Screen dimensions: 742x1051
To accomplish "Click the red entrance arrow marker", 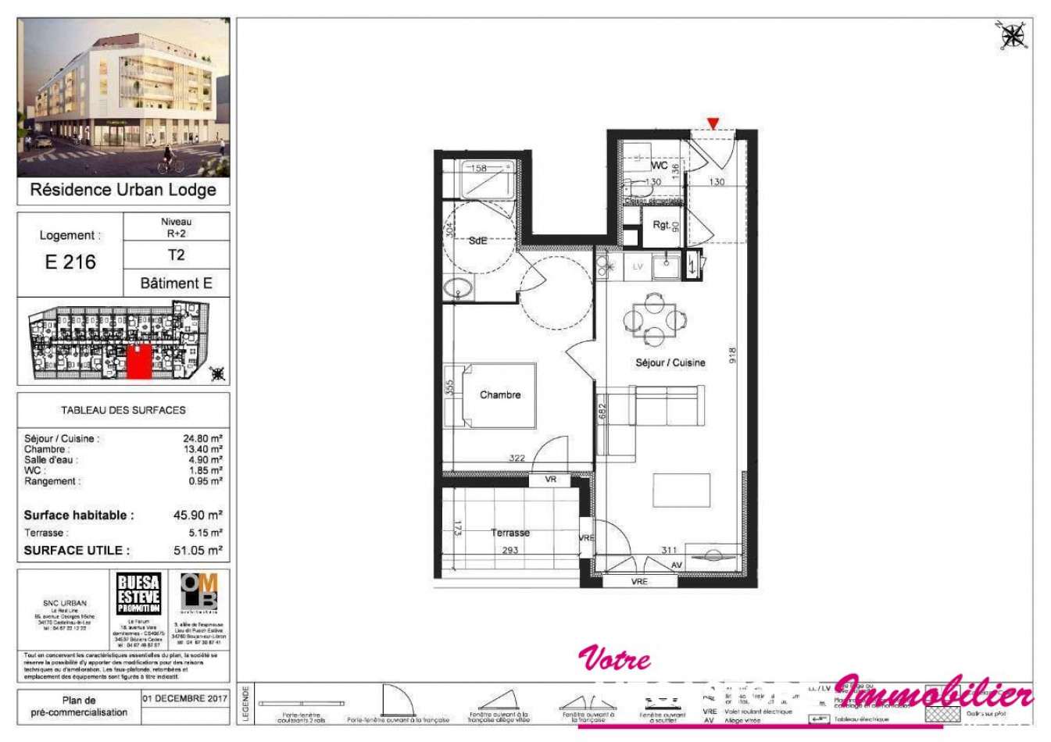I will pyautogui.click(x=713, y=123).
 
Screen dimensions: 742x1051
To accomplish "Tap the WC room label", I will pyautogui.click(x=659, y=166).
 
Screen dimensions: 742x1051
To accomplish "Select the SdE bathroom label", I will pyautogui.click(x=477, y=241).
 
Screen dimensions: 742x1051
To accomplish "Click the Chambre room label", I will pyautogui.click(x=500, y=395).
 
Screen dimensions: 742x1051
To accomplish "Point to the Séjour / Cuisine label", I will pyautogui.click(x=670, y=362).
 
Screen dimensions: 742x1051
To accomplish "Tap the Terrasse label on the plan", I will pyautogui.click(x=509, y=533).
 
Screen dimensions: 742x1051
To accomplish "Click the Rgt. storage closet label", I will pyautogui.click(x=661, y=225).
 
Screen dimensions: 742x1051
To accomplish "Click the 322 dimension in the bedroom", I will pyautogui.click(x=517, y=458).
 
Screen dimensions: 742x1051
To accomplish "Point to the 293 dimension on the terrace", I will pyautogui.click(x=509, y=551).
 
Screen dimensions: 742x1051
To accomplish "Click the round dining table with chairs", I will pyautogui.click(x=654, y=319).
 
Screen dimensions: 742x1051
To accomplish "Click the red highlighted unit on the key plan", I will pyautogui.click(x=138, y=362).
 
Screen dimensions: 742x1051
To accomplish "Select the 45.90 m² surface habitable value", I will pyautogui.click(x=198, y=515).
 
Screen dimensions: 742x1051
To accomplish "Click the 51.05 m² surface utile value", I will pyautogui.click(x=198, y=551).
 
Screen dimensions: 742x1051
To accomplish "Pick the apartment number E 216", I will pyautogui.click(x=70, y=262).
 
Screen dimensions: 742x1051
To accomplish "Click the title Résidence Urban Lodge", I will pyautogui.click(x=123, y=190).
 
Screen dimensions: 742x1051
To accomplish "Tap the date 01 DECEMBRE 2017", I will pyautogui.click(x=185, y=699).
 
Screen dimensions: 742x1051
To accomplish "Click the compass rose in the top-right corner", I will pyautogui.click(x=1013, y=35).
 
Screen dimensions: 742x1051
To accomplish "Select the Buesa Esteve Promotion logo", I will pyautogui.click(x=138, y=594).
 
